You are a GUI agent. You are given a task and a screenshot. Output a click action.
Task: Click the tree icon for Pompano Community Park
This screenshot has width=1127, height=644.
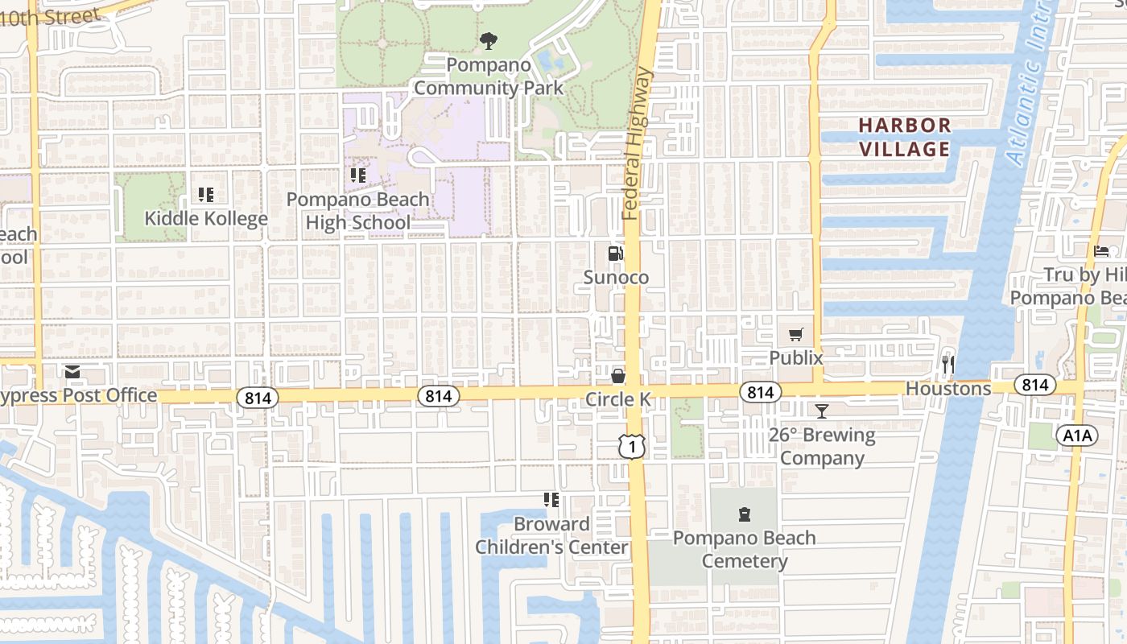(488, 40)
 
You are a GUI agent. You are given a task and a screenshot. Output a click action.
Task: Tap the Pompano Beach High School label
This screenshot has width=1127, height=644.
(358, 211)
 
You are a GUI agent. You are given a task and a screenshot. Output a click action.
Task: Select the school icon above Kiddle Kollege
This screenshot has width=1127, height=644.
(205, 195)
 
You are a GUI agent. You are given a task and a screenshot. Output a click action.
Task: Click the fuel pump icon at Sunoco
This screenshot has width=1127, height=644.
(615, 254)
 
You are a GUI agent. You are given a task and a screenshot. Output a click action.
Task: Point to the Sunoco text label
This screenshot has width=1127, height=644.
(616, 278)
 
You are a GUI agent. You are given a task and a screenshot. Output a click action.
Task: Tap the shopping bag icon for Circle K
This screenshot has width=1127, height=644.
(617, 376)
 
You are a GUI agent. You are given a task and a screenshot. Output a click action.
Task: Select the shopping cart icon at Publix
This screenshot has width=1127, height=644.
(796, 335)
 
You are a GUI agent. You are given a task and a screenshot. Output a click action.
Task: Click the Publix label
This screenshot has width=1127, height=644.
(796, 358)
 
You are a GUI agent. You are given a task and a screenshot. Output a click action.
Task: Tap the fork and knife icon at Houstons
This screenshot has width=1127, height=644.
(948, 365)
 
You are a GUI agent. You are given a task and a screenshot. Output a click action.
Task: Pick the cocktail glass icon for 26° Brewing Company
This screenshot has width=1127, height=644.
(821, 411)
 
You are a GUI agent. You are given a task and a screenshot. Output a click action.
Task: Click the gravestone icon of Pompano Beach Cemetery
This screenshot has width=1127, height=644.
(745, 514)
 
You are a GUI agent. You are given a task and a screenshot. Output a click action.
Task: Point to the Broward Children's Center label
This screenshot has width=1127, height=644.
(551, 535)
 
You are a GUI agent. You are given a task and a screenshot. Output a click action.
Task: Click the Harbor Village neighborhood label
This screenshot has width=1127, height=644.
(904, 138)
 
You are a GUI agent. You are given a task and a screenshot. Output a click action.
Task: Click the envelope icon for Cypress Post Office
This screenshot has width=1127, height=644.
(72, 372)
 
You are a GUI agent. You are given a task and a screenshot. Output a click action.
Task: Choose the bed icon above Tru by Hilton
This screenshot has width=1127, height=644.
(1101, 251)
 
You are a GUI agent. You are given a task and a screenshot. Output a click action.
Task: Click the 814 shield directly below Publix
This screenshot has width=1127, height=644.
(759, 392)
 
